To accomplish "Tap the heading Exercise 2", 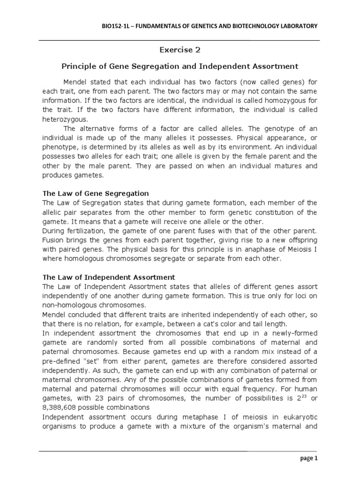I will [180, 50].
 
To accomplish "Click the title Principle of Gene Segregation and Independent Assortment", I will [180, 67].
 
